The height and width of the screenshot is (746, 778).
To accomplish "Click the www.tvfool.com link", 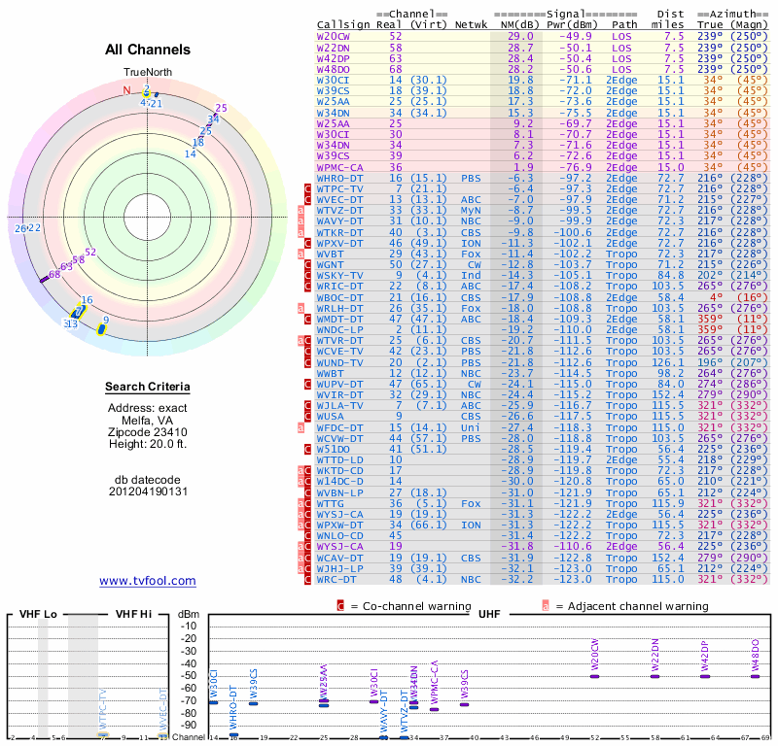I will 148,581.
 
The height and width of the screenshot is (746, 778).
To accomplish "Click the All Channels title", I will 148,50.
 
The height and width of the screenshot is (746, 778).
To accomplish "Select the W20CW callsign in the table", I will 335,35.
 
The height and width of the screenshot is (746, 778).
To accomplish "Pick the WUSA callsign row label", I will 332,416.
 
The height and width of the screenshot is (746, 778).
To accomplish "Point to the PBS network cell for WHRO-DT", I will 471,179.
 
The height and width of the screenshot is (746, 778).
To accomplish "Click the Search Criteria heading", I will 148,389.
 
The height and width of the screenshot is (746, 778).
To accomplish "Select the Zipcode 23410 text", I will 148,430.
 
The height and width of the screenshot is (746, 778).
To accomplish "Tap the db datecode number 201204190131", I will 148,492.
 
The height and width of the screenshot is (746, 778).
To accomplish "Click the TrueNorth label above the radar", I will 147,73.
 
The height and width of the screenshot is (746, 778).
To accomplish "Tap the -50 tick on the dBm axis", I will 189,675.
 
